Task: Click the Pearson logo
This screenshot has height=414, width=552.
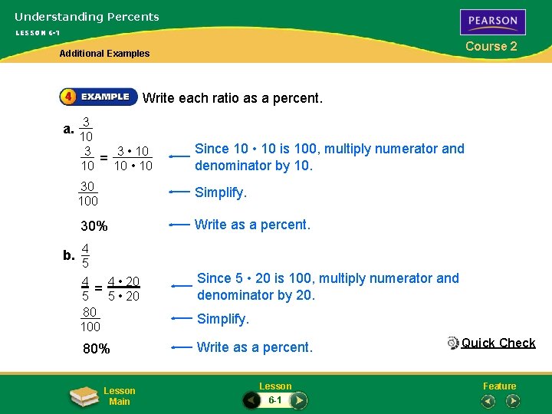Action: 493,21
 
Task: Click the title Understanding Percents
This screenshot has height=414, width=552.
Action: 87,17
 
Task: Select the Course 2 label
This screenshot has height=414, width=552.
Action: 491,46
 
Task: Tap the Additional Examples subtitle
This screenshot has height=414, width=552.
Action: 105,54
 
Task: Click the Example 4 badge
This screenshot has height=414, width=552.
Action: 98,97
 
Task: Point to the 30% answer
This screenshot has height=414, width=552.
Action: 94,226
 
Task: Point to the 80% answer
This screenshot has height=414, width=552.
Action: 96,349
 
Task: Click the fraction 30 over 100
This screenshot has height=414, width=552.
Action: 87,193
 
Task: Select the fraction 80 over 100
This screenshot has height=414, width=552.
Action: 90,319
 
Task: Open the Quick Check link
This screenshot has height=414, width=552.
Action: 498,343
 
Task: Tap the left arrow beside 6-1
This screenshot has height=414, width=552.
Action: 251,400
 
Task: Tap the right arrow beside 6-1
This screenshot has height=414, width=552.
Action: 299,400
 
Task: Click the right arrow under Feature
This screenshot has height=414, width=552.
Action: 513,400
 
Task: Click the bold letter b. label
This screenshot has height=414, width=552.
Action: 69,255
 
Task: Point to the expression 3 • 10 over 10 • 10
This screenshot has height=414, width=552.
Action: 133,158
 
